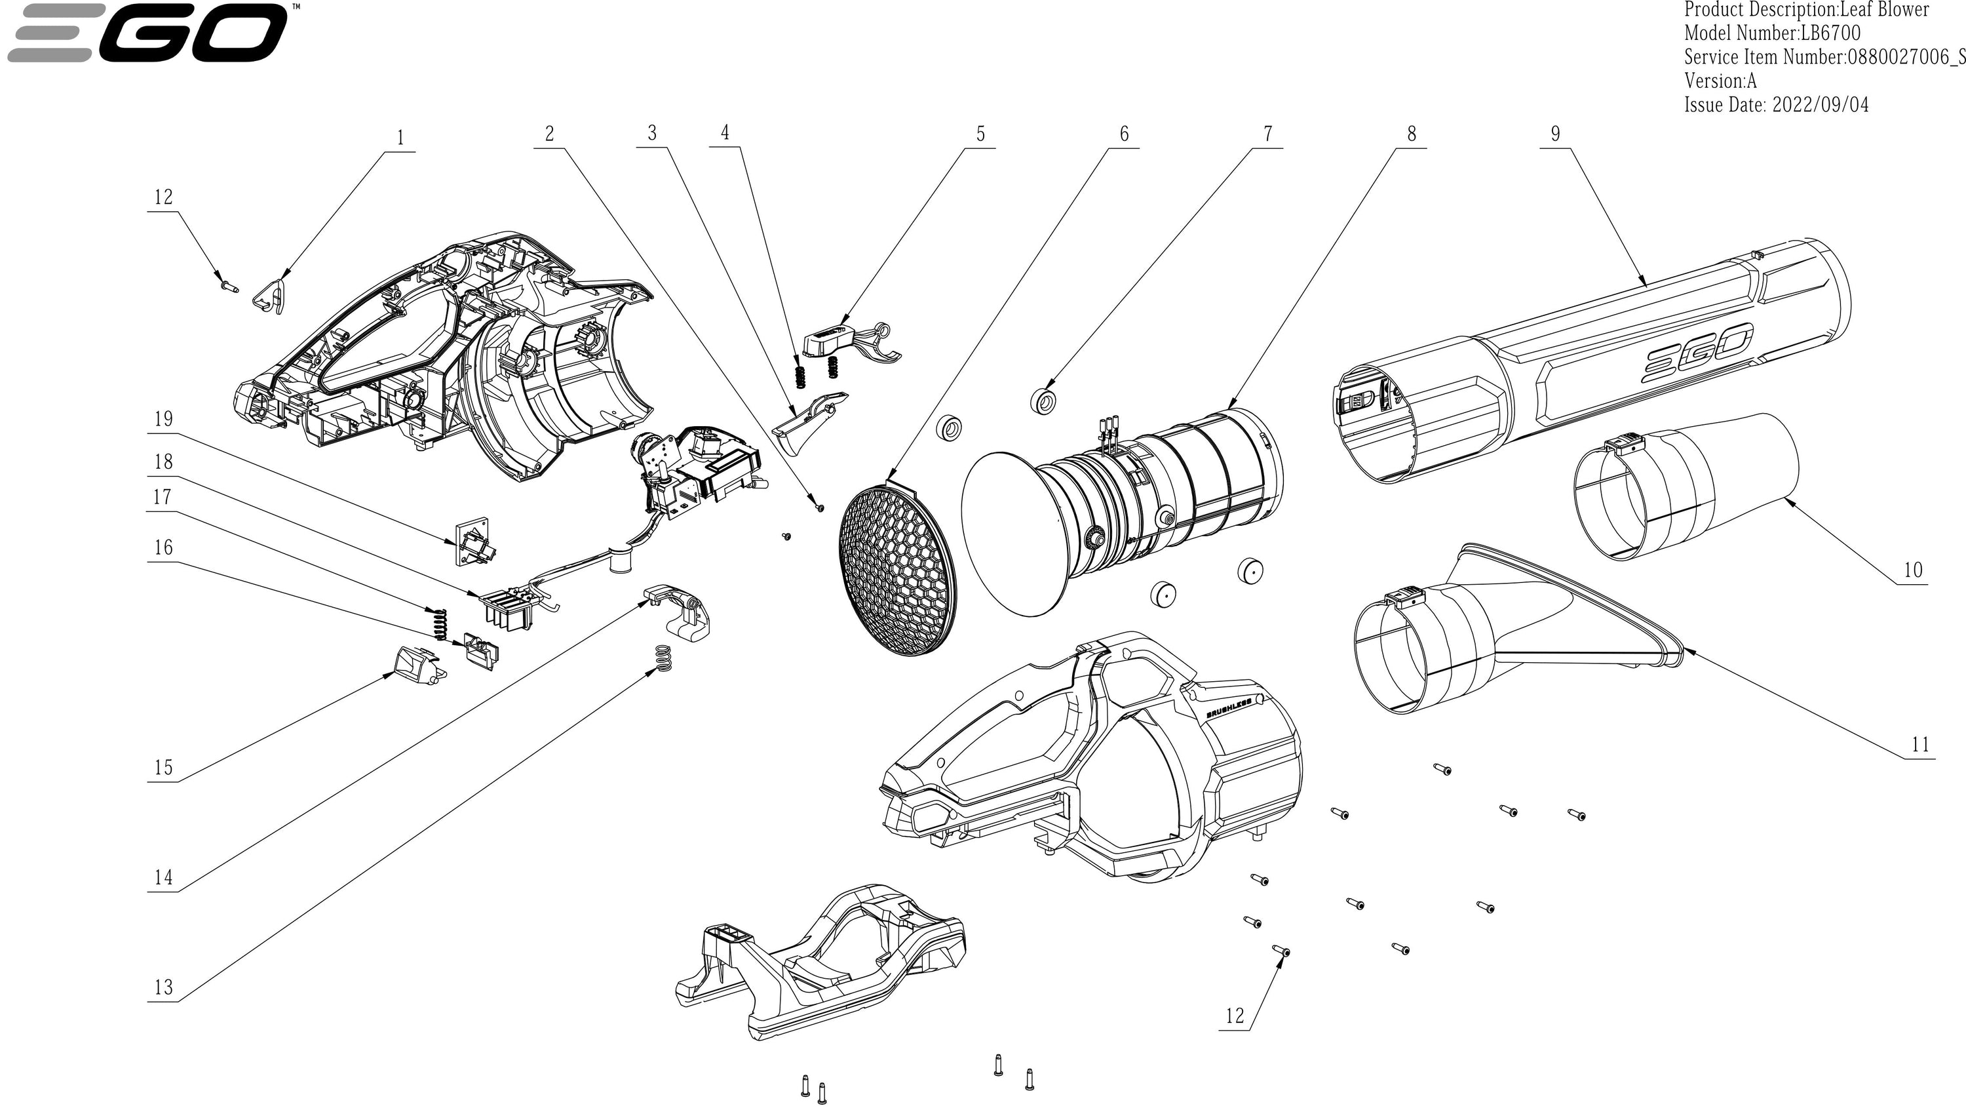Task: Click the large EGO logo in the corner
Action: click(149, 32)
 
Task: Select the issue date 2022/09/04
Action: click(1821, 105)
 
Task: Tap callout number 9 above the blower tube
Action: click(1554, 134)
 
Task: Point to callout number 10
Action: click(1912, 570)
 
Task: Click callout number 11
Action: click(1920, 744)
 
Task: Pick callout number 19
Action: click(163, 419)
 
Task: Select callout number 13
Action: click(163, 988)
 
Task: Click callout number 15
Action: click(163, 767)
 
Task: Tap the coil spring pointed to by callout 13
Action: click(664, 658)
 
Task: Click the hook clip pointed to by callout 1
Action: click(269, 296)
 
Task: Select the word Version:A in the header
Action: click(1720, 81)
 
